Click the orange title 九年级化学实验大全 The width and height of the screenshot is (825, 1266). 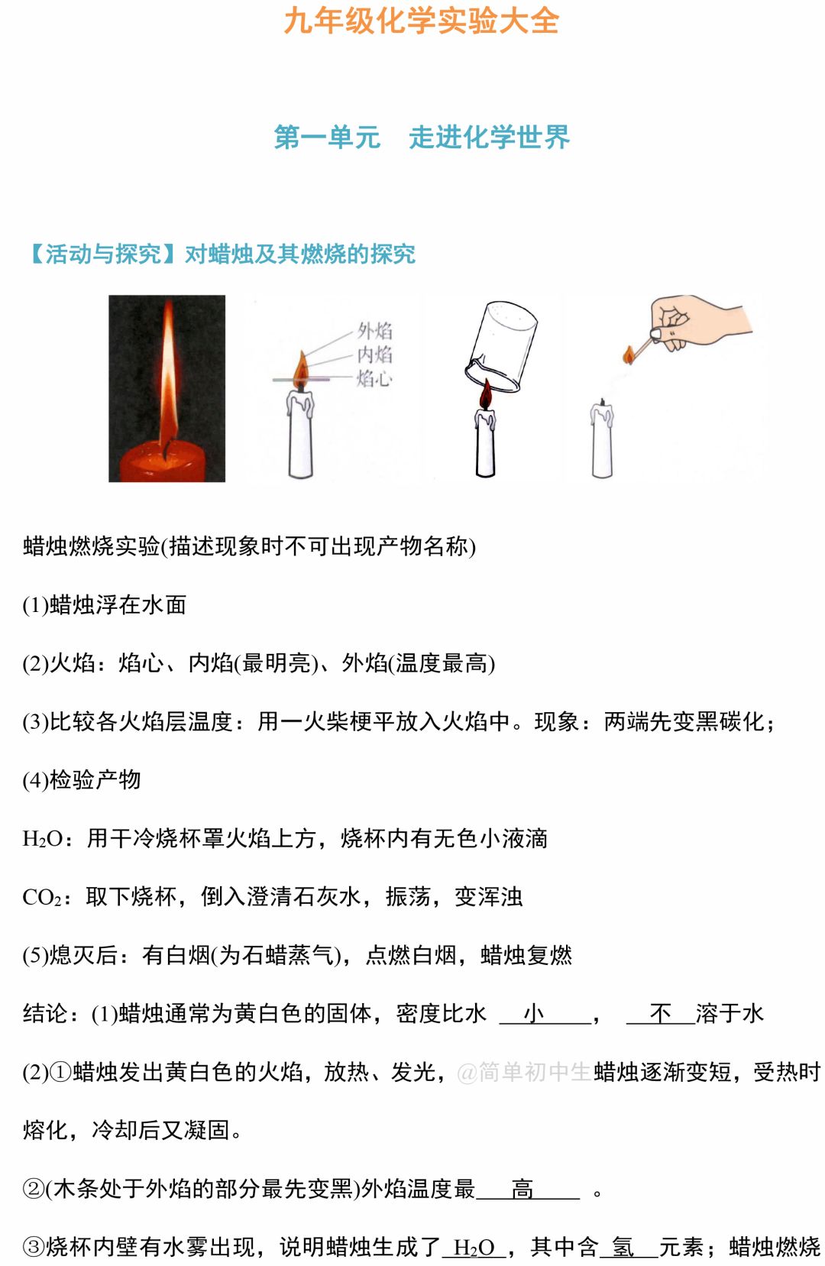421,21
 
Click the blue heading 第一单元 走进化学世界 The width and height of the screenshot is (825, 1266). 422,138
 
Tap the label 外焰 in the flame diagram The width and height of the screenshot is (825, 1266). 374,330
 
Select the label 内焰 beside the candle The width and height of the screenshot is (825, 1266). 374,355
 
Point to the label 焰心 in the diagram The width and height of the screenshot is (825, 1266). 374,378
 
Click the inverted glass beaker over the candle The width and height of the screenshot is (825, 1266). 500,346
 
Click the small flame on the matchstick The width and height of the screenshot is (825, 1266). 628,355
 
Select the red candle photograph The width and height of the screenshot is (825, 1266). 167,388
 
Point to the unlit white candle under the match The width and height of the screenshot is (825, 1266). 602,439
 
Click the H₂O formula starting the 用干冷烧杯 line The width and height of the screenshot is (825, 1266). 42,839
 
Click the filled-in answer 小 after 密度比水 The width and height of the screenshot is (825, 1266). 534,1013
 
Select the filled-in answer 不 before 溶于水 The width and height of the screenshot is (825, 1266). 660,1013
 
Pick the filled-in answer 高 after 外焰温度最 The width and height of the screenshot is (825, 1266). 522,1189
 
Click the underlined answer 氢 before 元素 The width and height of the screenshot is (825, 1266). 623,1247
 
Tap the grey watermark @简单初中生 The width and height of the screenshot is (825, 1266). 524,1072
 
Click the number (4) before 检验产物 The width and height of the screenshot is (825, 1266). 36,781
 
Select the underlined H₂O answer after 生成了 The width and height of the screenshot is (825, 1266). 474,1248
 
